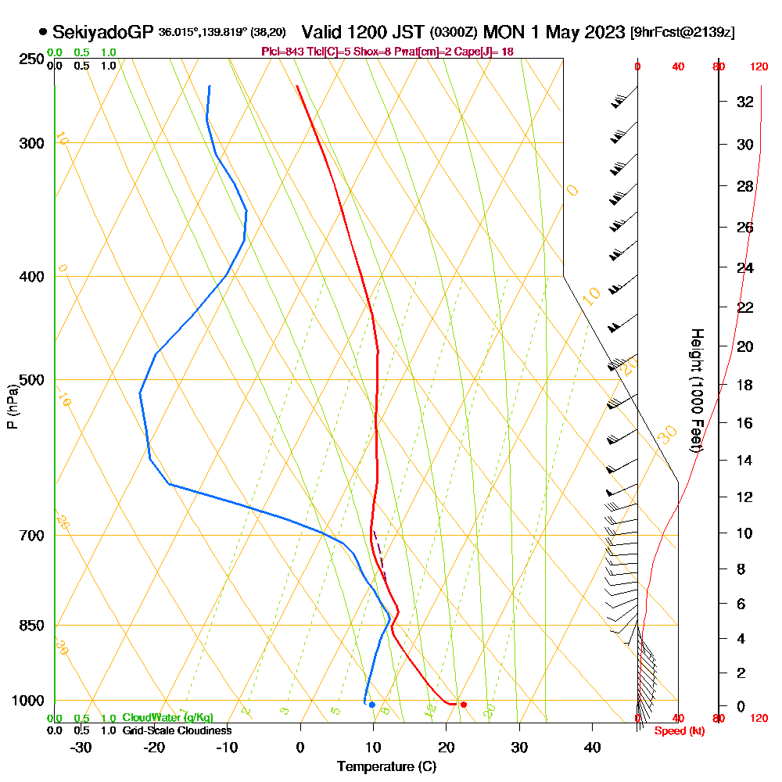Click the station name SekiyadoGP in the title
102,32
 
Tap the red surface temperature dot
464,705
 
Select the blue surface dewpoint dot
372,705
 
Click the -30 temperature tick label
81,747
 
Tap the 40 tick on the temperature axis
592,747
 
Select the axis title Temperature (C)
386,767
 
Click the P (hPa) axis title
12,406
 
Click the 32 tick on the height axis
744,102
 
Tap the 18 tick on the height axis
744,385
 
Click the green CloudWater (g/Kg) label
167,718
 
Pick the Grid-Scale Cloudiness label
177,730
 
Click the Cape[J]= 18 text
484,52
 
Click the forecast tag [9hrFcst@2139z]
681,33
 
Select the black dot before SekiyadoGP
42,32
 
